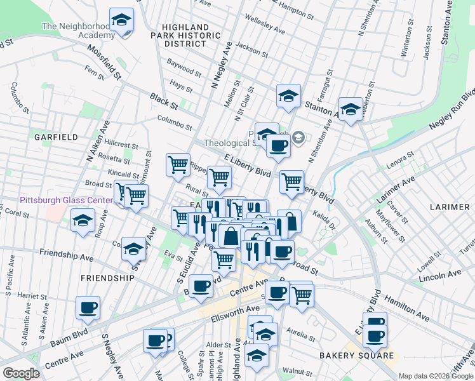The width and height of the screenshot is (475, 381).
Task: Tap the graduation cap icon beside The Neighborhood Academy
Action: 121,21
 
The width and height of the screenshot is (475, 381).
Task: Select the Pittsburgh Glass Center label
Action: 66,200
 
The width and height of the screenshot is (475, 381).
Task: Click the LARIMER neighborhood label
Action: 449,207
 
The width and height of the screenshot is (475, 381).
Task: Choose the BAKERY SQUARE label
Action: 356,355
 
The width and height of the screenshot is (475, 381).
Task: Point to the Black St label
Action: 163,101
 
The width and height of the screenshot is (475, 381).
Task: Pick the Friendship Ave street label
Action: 66,255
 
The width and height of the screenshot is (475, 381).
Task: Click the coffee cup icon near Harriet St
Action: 88,308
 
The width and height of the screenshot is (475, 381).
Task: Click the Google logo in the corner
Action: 20,373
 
